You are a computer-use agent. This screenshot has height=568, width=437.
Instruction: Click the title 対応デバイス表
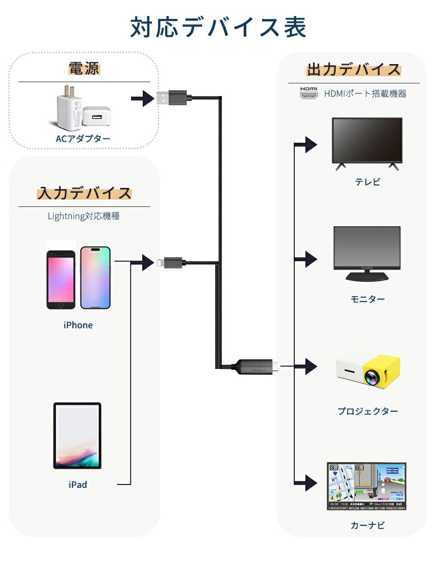tap(218, 28)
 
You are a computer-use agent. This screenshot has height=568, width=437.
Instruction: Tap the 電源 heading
tap(84, 68)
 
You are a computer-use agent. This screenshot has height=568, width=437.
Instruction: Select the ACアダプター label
tap(83, 139)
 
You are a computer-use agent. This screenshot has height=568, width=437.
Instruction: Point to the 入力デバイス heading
tap(84, 193)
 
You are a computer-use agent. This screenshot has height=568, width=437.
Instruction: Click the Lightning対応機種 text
tap(84, 216)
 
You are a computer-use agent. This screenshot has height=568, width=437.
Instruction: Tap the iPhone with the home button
tap(61, 280)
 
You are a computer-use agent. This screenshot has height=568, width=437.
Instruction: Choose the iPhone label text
tap(78, 325)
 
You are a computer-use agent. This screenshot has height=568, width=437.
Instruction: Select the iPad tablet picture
tap(77, 435)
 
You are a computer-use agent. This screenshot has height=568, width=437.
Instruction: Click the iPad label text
tap(78, 484)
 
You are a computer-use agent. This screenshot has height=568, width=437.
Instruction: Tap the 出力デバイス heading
tap(353, 69)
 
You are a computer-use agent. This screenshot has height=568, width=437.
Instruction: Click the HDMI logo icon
tap(308, 93)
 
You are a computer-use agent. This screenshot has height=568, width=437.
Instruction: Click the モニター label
tap(368, 299)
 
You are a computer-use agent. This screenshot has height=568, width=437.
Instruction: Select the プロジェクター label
tap(368, 411)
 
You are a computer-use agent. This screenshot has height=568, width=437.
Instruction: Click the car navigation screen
tap(367, 486)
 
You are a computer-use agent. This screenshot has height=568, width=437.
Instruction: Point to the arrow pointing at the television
tap(309, 144)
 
